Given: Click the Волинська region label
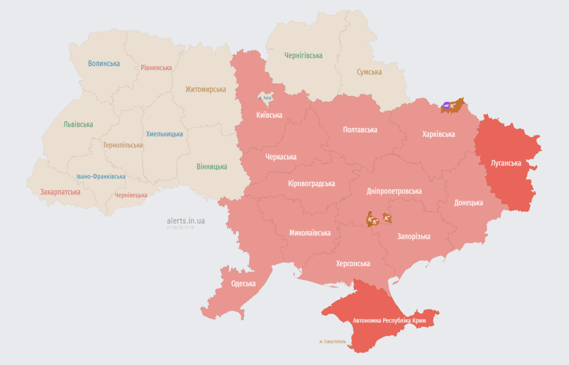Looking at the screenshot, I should point(104,63).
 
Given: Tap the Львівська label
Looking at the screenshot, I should point(78,124).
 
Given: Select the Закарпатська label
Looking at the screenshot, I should point(60,192).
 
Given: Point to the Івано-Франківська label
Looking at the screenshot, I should point(101,176).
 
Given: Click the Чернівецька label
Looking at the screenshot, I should point(131,195).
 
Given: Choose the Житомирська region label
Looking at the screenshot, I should point(206,89).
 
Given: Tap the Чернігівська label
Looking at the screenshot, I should point(303,56).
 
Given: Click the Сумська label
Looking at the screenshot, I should point(370,72).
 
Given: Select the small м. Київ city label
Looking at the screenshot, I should point(265,97).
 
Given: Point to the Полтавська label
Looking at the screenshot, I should point(360,129).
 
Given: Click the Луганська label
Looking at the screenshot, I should point(506,163).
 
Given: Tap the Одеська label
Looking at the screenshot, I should point(243,283).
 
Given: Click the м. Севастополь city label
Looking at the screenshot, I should point(332,341).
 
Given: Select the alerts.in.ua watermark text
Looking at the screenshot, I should point(186,221).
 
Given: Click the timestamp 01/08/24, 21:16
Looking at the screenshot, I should point(180,228).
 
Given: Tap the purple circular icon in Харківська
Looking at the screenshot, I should point(446,106).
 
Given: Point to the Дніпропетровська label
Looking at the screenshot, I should point(394,191).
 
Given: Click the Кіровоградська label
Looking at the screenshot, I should point(312,183).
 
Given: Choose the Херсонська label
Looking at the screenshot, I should point(353,263).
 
